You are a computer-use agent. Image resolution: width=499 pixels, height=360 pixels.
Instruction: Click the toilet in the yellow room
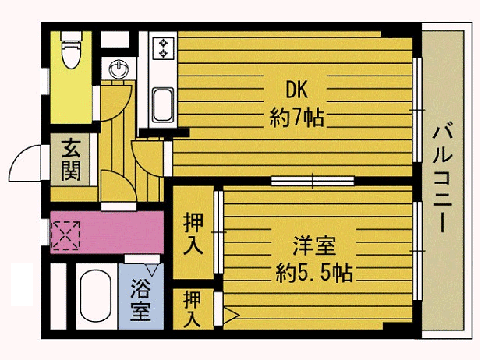tap(72, 50)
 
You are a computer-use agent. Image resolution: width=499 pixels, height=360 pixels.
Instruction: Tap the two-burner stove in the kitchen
tap(164, 48)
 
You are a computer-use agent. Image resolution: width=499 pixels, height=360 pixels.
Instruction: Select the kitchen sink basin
tap(163, 104)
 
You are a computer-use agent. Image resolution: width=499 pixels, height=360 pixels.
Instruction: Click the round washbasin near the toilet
tap(119, 69)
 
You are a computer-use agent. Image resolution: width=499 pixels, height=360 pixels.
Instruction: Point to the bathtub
tap(96, 296)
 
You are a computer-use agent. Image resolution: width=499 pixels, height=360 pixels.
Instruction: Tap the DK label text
tap(296, 90)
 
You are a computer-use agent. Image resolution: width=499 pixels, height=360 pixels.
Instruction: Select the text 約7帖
tap(296, 118)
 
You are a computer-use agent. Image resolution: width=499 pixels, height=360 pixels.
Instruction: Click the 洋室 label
tap(313, 245)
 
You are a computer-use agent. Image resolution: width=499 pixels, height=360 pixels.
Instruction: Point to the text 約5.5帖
tap(314, 273)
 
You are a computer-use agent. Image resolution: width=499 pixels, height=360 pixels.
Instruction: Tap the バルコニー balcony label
tap(443, 178)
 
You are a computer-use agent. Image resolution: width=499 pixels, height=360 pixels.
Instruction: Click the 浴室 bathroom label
tap(140, 300)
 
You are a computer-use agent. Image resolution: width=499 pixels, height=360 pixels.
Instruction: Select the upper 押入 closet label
tap(193, 234)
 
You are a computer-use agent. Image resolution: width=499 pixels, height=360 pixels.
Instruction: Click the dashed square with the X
tap(65, 235)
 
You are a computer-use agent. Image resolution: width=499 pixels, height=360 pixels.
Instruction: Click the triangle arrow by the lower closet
tap(231, 315)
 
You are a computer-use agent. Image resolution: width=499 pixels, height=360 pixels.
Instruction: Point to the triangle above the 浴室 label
tap(152, 270)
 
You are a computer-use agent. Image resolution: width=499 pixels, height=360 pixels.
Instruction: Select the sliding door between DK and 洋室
tap(313, 181)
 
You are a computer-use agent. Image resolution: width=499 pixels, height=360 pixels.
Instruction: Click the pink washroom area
tap(108, 232)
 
